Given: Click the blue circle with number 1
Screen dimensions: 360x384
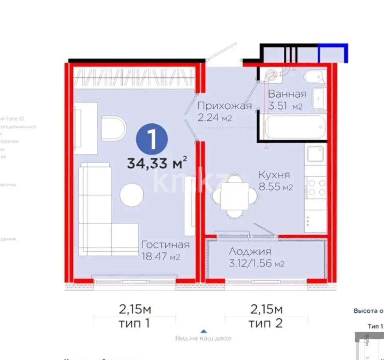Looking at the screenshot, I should [152, 140].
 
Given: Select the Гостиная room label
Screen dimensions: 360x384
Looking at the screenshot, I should [166, 245].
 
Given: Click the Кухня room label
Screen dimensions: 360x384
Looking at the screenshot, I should [274, 175].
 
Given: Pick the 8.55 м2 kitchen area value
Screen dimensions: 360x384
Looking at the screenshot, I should [276, 187].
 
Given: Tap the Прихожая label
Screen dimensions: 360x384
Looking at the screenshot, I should [224, 106].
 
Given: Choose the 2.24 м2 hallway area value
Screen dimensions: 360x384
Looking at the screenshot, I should [215, 118].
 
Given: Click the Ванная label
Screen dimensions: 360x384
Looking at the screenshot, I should [287, 94].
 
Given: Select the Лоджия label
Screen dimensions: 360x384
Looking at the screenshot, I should [250, 252].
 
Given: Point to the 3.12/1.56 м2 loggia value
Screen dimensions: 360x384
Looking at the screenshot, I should [257, 264].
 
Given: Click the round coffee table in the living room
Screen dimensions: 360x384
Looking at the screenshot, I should [132, 195].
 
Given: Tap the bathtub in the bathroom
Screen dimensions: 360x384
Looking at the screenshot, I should [295, 126].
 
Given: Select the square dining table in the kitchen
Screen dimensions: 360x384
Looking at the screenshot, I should [235, 196].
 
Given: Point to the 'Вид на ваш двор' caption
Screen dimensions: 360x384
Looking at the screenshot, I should [203, 338].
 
